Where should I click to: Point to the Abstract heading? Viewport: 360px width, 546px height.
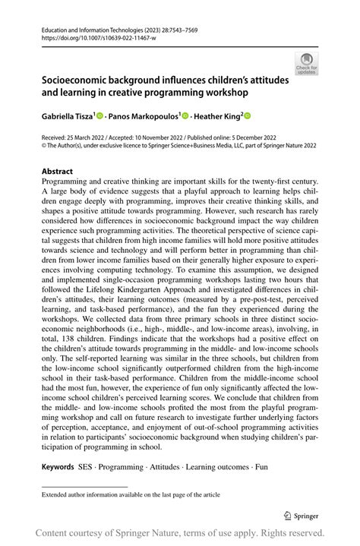click(58, 172)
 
